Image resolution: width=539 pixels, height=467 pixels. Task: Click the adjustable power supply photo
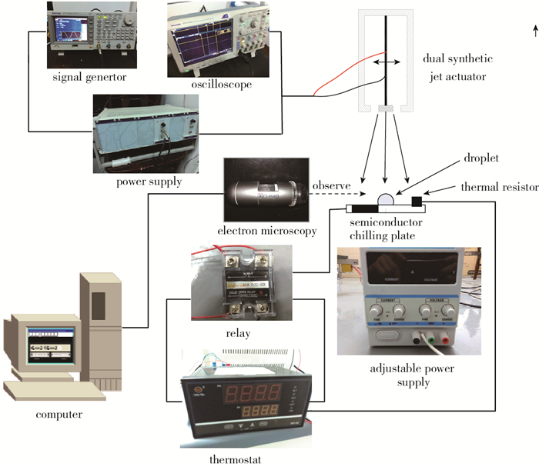tap(408, 300)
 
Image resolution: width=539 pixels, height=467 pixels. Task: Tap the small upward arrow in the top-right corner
tap(533, 30)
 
